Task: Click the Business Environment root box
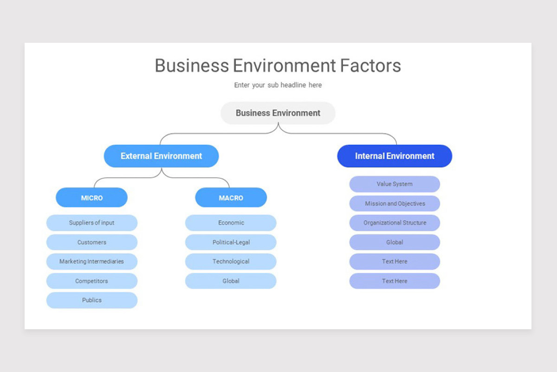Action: [278, 113]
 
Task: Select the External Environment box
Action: [161, 156]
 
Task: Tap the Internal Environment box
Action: [395, 156]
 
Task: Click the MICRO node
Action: [91, 198]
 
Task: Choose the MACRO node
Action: [231, 198]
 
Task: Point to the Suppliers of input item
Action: [91, 223]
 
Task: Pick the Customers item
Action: [91, 242]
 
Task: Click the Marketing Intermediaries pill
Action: [91, 261]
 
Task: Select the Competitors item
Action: [91, 281]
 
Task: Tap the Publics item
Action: [91, 300]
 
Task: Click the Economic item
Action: [231, 223]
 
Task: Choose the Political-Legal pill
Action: [231, 242]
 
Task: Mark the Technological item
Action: [231, 261]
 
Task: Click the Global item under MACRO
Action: [231, 281]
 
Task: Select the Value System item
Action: [395, 184]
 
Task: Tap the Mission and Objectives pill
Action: [395, 204]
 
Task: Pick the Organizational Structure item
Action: [395, 223]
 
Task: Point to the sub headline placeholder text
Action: [278, 85]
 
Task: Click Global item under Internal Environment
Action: [395, 242]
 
